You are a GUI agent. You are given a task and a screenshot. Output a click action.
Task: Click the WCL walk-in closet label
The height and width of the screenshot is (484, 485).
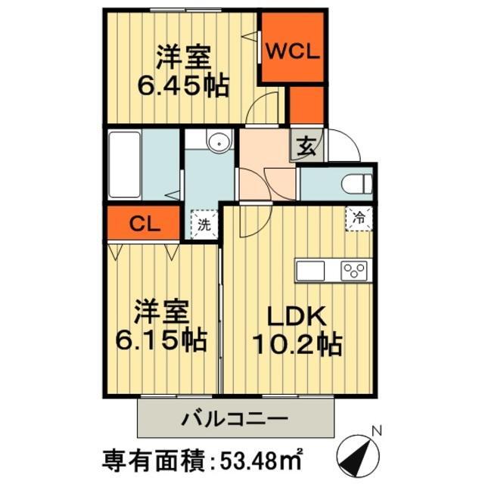click(294, 53)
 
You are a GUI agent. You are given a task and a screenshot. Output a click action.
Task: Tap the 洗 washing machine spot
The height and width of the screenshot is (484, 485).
click(204, 224)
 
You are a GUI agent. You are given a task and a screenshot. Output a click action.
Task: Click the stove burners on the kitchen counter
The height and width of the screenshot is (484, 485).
click(353, 271)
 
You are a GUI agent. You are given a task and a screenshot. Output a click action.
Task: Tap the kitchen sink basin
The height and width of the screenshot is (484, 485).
click(309, 271)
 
